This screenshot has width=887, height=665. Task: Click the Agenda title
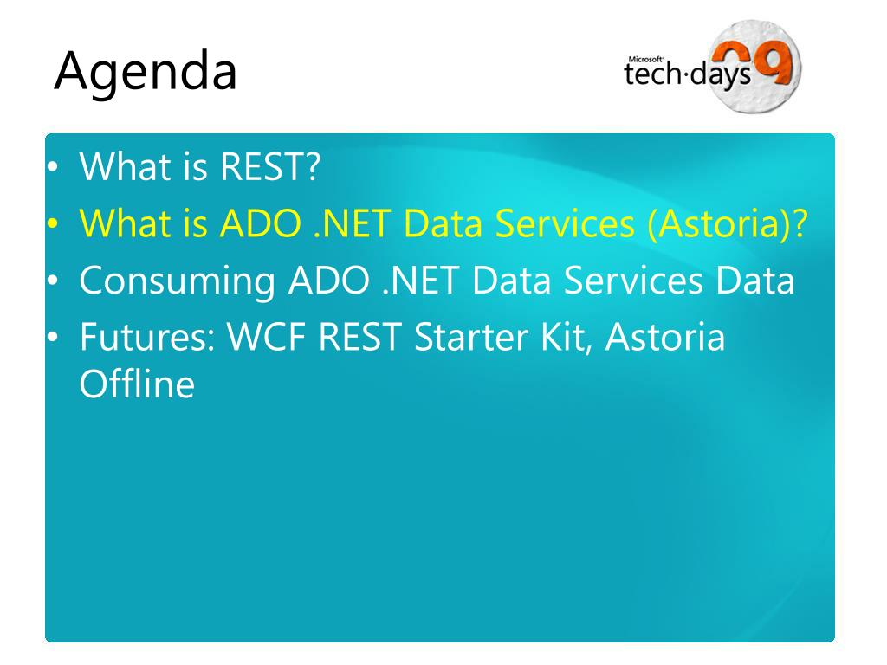click(x=146, y=73)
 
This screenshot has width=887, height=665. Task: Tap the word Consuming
click(x=177, y=281)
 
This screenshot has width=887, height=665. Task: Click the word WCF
click(x=265, y=337)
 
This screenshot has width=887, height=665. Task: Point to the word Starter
click(x=470, y=337)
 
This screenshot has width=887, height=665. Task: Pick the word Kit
click(x=566, y=339)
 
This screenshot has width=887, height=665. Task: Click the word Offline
click(x=137, y=384)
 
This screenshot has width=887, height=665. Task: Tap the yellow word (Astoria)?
click(x=728, y=224)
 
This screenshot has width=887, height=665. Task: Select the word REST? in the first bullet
click(x=270, y=166)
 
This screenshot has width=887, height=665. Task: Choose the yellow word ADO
click(x=260, y=223)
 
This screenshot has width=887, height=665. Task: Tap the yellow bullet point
click(x=53, y=224)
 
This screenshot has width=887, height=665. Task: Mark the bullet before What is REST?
click(x=53, y=167)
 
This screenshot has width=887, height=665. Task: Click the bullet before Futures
click(x=53, y=338)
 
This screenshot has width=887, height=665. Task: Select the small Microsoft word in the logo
click(x=645, y=59)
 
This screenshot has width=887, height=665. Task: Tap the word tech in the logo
click(x=652, y=74)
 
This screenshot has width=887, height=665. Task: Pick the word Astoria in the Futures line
click(x=664, y=337)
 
